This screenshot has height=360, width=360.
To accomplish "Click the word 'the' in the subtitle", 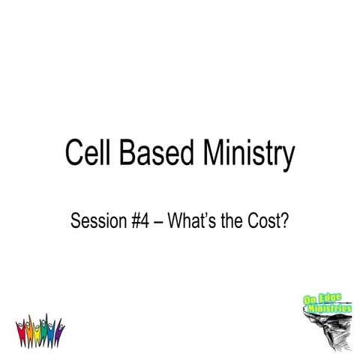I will [228, 222].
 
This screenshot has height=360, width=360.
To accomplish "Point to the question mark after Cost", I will [286, 222].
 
